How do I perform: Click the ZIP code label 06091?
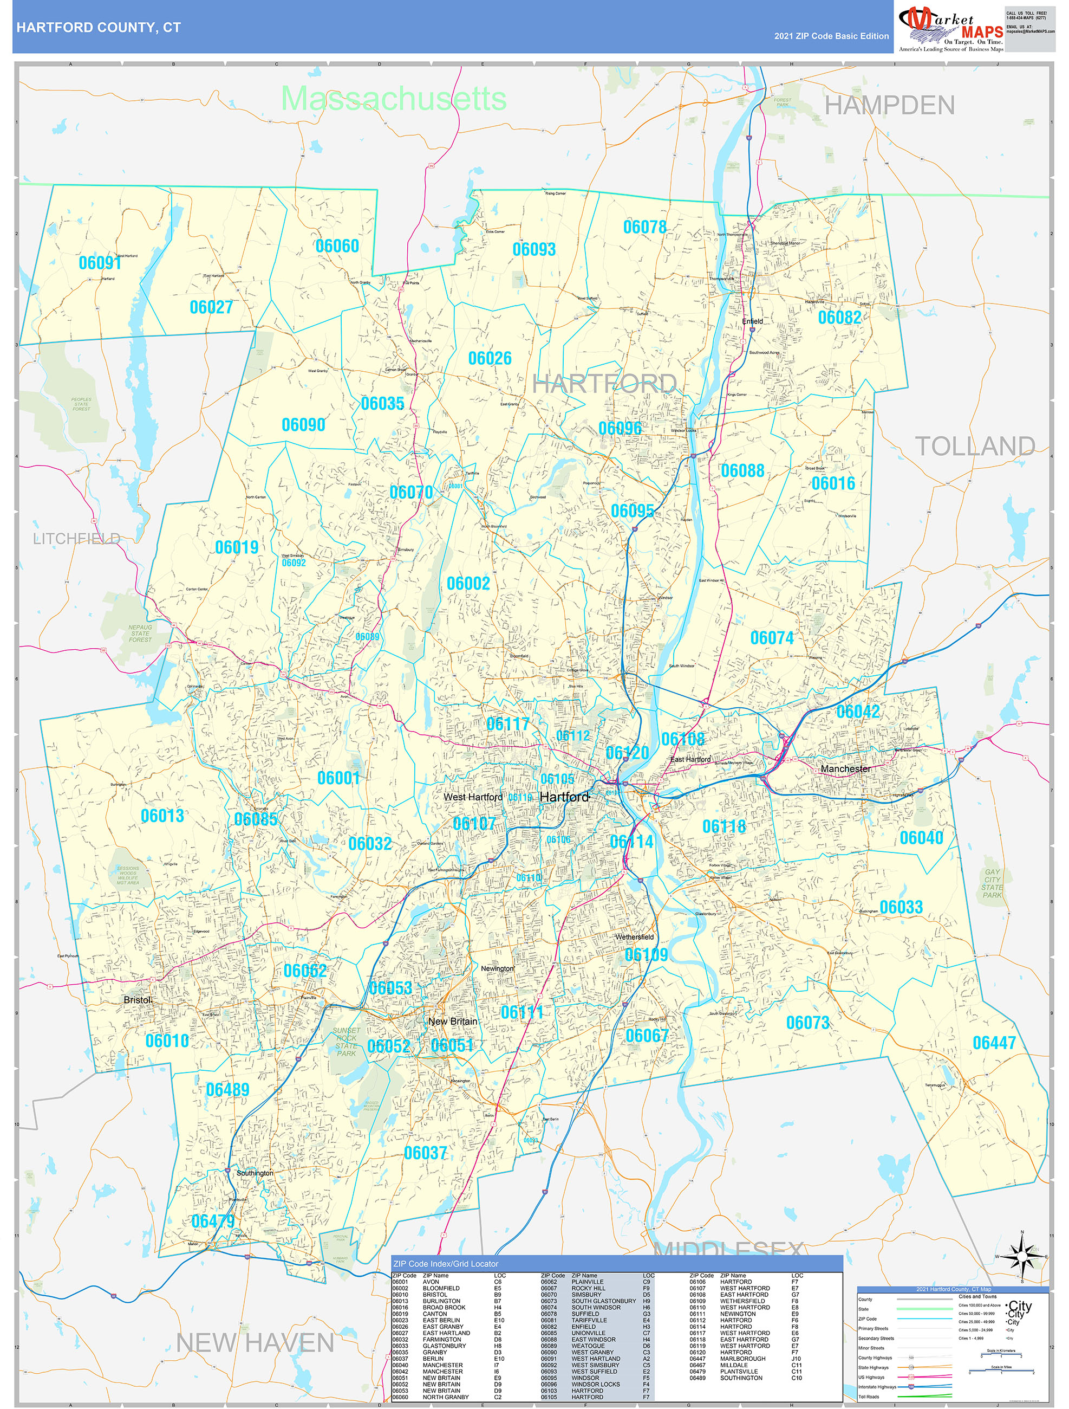100,263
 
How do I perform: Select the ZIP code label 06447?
994,1043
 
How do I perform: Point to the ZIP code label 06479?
213,1221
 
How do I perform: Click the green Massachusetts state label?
394,99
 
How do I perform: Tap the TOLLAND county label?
974,447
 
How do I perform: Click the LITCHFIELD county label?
76,539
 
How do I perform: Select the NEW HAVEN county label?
255,1343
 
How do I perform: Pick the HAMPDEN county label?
889,106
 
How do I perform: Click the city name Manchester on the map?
845,769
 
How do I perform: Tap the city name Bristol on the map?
138,1000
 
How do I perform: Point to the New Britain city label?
452,1022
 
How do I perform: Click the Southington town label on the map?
255,1173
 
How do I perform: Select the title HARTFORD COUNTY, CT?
99,28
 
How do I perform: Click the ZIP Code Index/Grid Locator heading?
445,1264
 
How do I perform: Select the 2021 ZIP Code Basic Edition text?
831,36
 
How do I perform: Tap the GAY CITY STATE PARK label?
992,883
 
